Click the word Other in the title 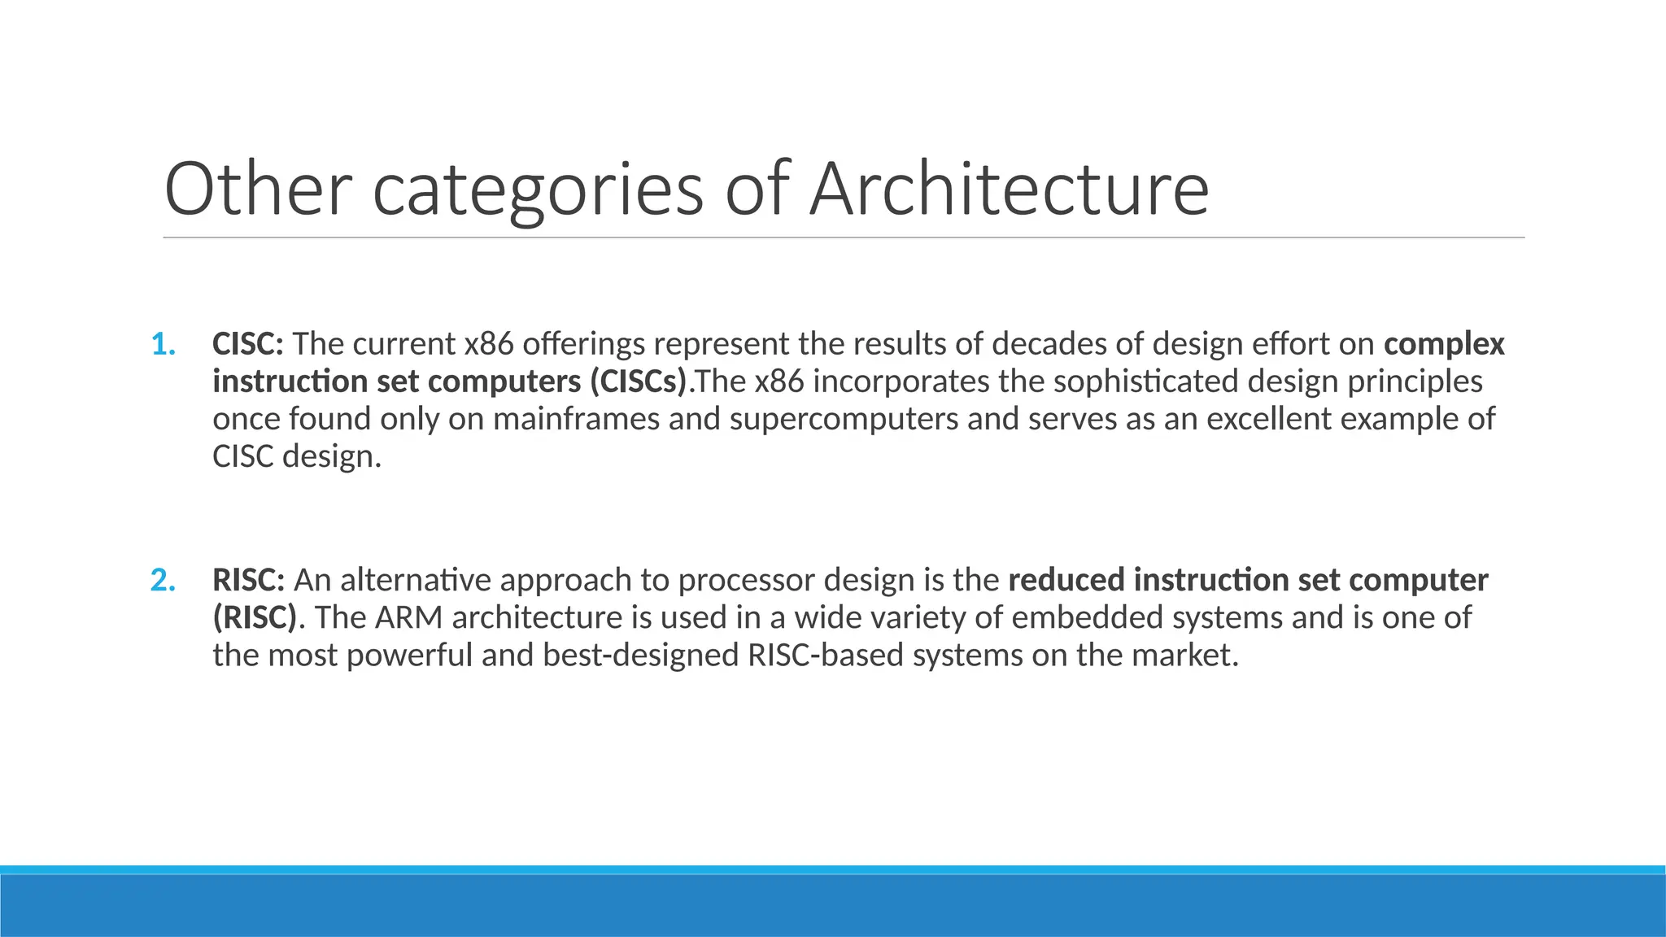pyautogui.click(x=258, y=189)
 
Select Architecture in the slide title pyautogui.click(x=1009, y=189)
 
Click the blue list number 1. pyautogui.click(x=164, y=344)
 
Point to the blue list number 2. pyautogui.click(x=164, y=580)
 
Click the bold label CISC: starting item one pyautogui.click(x=248, y=344)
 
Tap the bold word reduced pyautogui.click(x=1066, y=580)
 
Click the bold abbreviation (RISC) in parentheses pyautogui.click(x=255, y=617)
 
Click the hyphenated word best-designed pyautogui.click(x=640, y=656)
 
